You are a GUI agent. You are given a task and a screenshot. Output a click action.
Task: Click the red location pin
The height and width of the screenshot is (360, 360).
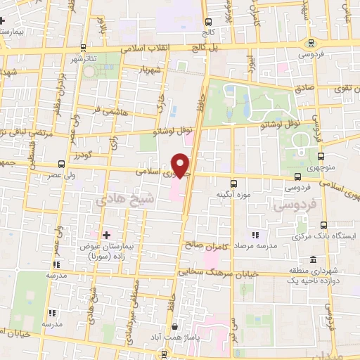tap(182, 164)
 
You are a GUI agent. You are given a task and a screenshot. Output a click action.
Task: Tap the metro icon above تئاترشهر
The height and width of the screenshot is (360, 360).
tap(84, 48)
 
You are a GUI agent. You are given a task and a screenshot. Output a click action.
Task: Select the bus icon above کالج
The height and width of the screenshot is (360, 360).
tap(207, 22)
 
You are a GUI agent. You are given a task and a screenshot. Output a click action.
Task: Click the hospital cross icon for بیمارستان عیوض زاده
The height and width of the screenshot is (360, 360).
tap(106, 234)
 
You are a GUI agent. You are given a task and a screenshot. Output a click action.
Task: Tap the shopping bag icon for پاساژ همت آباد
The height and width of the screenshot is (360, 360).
tap(174, 326)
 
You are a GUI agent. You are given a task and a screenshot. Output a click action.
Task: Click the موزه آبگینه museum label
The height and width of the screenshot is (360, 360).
tap(234, 194)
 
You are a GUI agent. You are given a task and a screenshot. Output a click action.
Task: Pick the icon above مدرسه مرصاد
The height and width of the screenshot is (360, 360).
tap(256, 235)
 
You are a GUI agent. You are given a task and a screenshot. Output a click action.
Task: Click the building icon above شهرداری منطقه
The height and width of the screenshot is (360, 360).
tap(313, 259)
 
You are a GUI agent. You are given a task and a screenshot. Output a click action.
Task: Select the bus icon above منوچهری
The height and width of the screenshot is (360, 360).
tap(321, 157)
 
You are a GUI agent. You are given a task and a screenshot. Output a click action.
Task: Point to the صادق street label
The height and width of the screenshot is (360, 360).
tap(304, 89)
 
